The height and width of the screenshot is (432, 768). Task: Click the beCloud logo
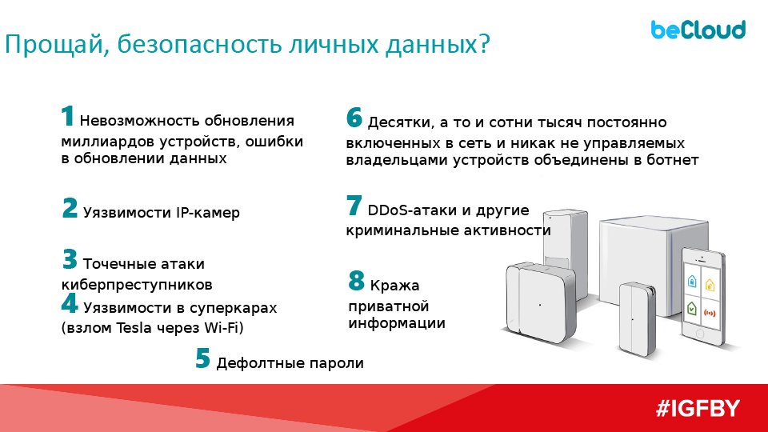(x=698, y=30)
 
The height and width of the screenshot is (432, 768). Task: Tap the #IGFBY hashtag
(x=698, y=409)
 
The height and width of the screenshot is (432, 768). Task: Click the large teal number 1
(x=67, y=116)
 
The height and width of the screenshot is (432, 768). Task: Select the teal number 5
(x=202, y=358)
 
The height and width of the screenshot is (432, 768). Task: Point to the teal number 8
(x=356, y=281)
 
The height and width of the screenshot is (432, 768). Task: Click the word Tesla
(x=134, y=327)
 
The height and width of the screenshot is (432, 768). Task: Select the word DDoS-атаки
(x=413, y=210)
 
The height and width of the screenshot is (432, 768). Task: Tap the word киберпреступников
(x=137, y=284)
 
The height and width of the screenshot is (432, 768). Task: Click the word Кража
(x=394, y=286)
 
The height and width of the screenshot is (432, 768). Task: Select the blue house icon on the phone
(x=692, y=281)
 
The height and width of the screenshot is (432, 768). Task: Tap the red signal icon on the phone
(x=710, y=313)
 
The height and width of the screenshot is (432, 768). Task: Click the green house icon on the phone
(x=691, y=308)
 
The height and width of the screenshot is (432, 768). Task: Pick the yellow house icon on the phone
(x=710, y=285)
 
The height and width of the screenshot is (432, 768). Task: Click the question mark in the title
(x=484, y=44)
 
